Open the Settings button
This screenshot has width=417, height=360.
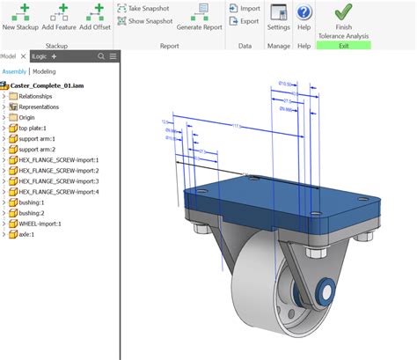[x=279, y=17]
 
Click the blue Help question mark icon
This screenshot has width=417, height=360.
[x=304, y=13]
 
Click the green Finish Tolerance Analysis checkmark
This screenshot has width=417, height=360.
[x=344, y=12]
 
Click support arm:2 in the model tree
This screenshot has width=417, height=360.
[x=40, y=149]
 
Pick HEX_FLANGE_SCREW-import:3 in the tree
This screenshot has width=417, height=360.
[x=59, y=180]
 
